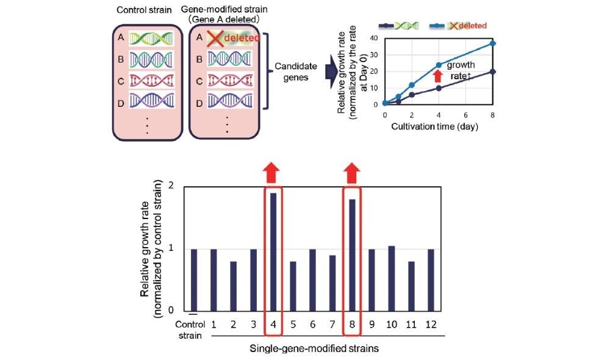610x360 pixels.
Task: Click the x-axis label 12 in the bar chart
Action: coord(431,324)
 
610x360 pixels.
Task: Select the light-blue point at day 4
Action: coord(439,65)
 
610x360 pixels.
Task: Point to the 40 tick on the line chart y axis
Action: coord(375,38)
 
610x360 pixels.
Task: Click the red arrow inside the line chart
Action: coord(437,76)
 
